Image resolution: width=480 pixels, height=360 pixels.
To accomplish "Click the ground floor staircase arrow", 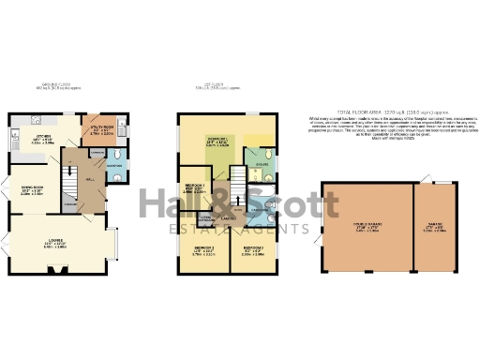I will pos(68,178).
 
